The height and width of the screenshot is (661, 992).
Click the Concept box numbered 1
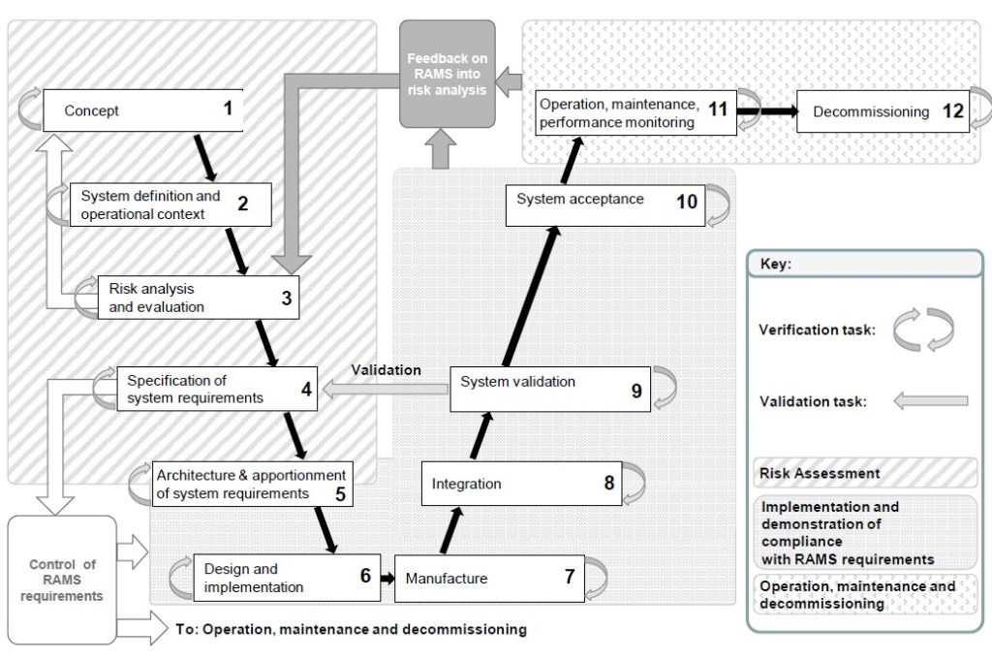(x=141, y=110)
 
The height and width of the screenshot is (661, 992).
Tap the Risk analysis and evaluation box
(x=199, y=298)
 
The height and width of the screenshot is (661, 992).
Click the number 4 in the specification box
(x=305, y=392)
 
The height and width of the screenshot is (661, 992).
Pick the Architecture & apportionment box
(x=254, y=484)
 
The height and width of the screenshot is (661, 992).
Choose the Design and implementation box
(x=284, y=578)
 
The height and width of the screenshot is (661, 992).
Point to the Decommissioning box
(x=882, y=111)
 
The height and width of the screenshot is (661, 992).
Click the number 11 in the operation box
(x=717, y=109)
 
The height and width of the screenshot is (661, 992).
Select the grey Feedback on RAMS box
(x=448, y=74)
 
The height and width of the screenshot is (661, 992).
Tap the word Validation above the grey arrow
(x=386, y=369)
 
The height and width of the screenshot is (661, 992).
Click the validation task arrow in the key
(x=931, y=400)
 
